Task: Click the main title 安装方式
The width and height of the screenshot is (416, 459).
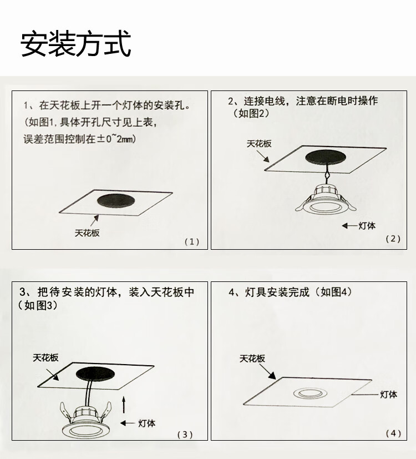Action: pyautogui.click(x=75, y=44)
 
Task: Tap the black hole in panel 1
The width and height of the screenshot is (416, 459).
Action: pyautogui.click(x=116, y=200)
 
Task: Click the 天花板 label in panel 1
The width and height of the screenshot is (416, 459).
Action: pyautogui.click(x=87, y=233)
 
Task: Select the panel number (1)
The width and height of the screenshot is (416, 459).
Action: pyautogui.click(x=192, y=241)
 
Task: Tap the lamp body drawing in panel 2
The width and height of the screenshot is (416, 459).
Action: pyautogui.click(x=326, y=199)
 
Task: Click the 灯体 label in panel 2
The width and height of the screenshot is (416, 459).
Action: pyautogui.click(x=367, y=226)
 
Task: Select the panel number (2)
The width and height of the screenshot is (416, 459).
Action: pyautogui.click(x=393, y=239)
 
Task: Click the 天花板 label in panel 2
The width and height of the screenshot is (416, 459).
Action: pyautogui.click(x=259, y=144)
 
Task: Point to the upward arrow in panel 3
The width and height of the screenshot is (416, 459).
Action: pyautogui.click(x=124, y=405)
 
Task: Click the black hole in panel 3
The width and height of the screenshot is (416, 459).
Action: pyautogui.click(x=95, y=374)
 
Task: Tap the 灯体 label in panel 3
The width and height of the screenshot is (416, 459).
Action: pyautogui.click(x=146, y=423)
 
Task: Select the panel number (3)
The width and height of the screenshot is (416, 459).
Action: pyautogui.click(x=185, y=435)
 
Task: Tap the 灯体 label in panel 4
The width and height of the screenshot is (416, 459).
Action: pyautogui.click(x=388, y=395)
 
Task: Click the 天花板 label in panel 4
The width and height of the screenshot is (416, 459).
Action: pyautogui.click(x=252, y=359)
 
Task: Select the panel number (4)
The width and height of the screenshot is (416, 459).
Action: pyautogui.click(x=393, y=433)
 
